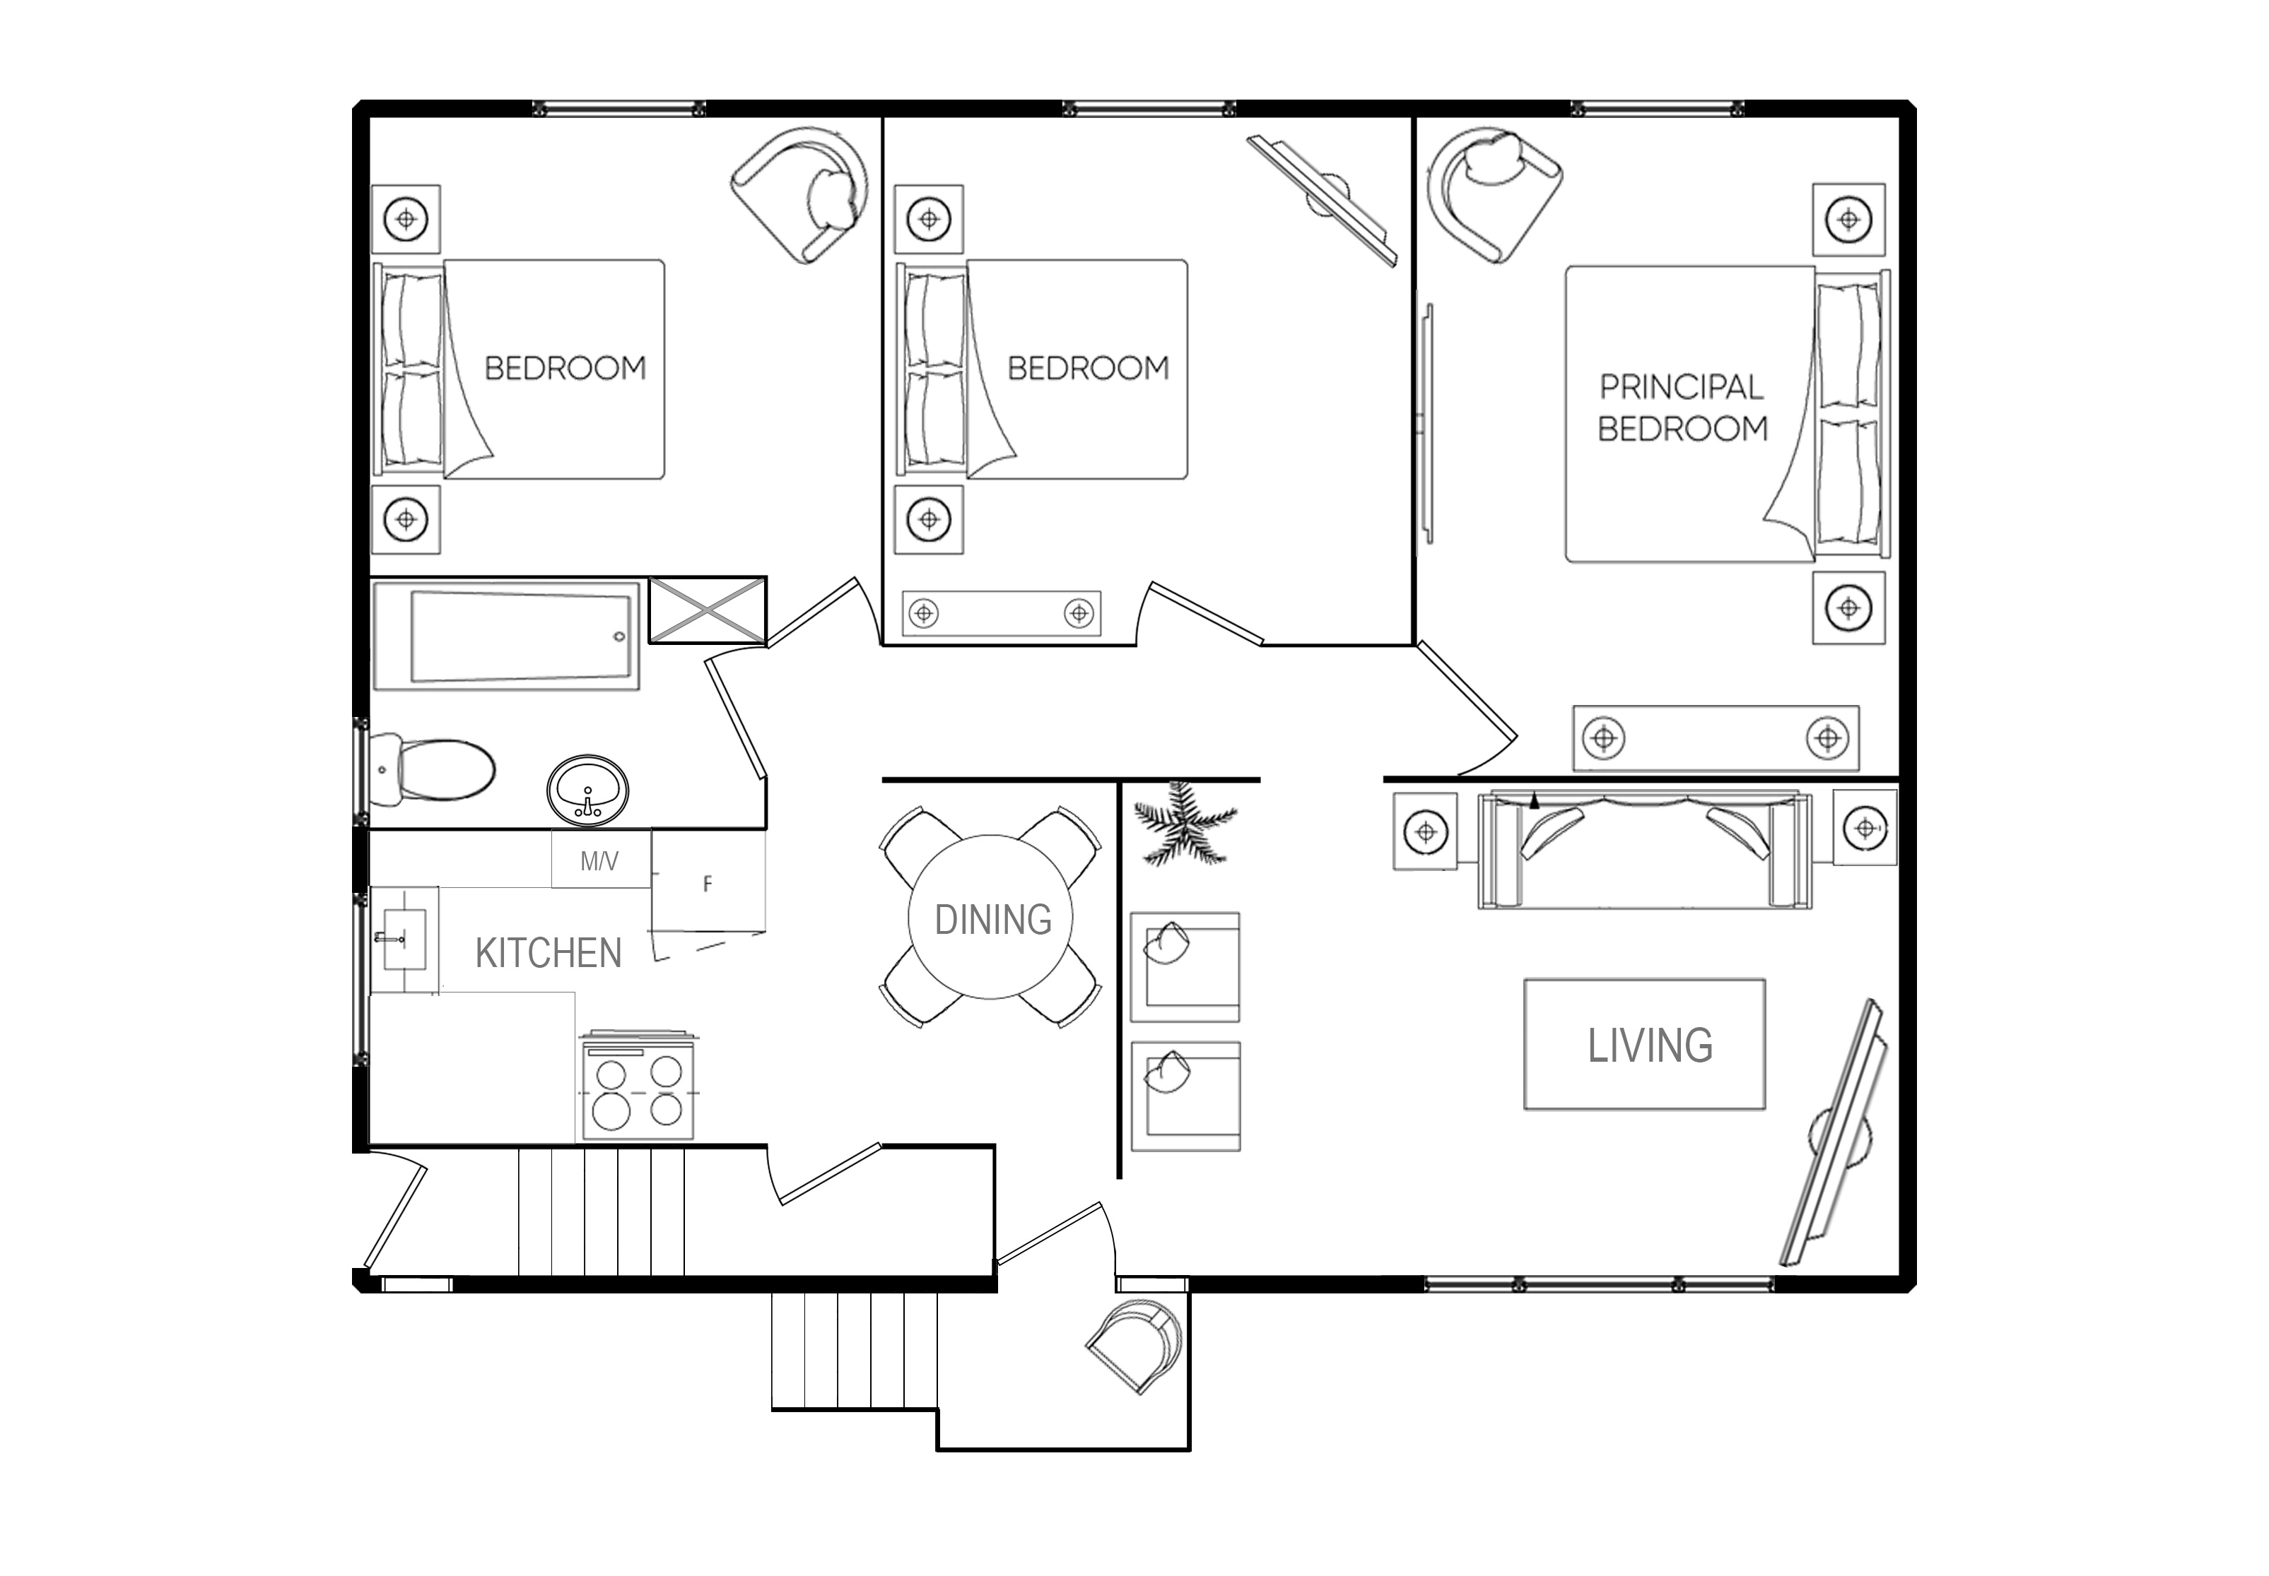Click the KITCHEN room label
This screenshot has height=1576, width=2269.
[549, 954]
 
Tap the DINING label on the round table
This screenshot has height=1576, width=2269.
[992, 919]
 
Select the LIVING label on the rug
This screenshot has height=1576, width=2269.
[1650, 1045]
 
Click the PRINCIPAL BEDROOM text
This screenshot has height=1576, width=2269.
[1682, 408]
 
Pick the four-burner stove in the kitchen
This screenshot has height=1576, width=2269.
[638, 1086]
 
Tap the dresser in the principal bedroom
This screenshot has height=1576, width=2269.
[1716, 737]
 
